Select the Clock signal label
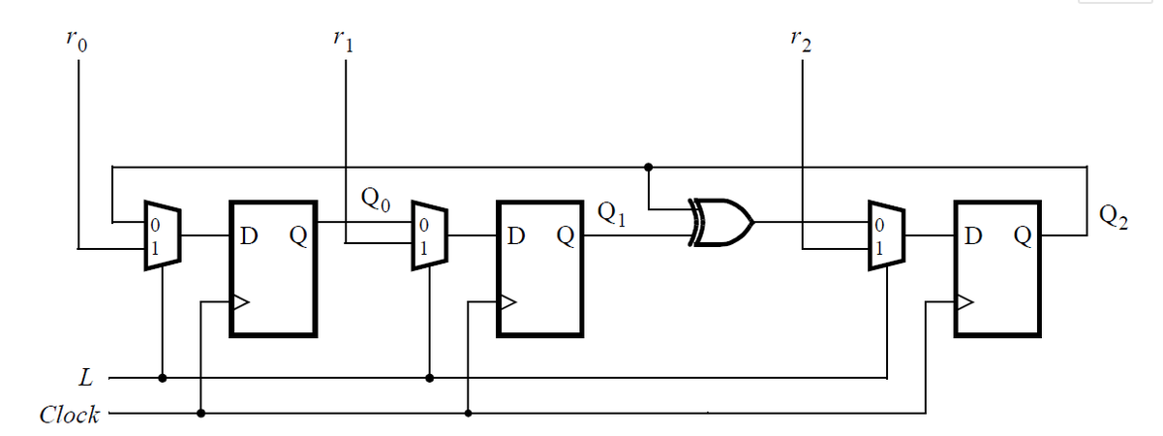69,415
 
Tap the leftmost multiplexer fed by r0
160,235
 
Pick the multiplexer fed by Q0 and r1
427,235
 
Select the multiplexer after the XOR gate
884,235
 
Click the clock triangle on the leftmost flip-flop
239,302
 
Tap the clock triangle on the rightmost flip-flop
964,302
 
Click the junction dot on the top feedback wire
648,167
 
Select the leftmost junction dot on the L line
163,377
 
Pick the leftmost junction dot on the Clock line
200,414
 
